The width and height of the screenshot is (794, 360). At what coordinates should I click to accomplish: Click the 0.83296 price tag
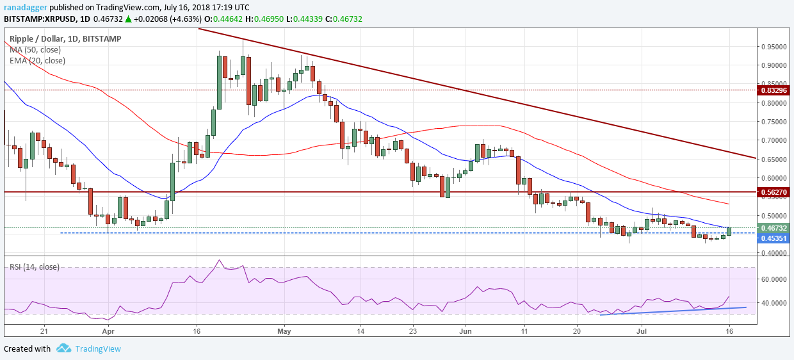(x=775, y=90)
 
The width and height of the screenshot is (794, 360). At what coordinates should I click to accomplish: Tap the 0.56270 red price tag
(x=775, y=192)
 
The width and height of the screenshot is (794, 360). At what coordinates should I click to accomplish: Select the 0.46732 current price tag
(x=775, y=227)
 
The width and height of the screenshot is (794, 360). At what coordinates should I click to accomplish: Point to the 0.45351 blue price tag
(x=775, y=238)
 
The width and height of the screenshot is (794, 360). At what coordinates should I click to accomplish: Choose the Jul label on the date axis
(x=642, y=331)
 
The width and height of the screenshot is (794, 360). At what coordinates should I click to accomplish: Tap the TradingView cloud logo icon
(x=63, y=348)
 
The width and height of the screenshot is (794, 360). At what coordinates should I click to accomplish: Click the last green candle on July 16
(x=729, y=231)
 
